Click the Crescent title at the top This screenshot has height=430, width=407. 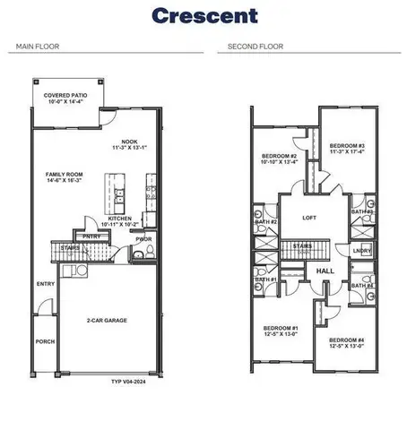(203, 15)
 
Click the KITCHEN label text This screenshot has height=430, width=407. (121, 218)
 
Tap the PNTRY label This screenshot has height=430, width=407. (92, 236)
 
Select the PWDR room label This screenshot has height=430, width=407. (143, 239)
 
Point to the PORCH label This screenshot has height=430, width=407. (45, 340)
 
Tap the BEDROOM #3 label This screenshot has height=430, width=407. (345, 145)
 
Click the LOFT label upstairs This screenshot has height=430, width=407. (309, 218)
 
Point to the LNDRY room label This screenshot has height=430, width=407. (362, 252)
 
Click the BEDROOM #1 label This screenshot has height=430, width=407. (280, 329)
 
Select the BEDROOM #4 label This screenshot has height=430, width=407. (346, 340)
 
